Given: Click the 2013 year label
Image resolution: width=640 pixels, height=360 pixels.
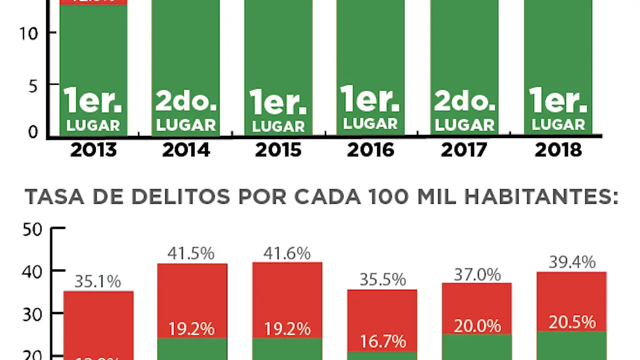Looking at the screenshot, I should pyautogui.click(x=93, y=150).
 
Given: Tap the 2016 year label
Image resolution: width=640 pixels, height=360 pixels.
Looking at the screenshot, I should pyautogui.click(x=371, y=150).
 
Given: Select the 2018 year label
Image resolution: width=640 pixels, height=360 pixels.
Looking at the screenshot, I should pyautogui.click(x=557, y=150).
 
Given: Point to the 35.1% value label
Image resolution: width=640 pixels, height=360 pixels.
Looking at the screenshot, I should pyautogui.click(x=98, y=281).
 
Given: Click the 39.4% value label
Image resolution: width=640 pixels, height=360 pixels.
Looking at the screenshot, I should pyautogui.click(x=572, y=262).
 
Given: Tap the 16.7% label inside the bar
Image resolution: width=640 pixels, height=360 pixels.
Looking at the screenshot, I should pyautogui.click(x=382, y=340).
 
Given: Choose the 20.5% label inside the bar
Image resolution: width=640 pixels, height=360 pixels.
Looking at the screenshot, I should pyautogui.click(x=572, y=322).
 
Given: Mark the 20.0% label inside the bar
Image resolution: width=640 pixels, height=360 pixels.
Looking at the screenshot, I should pyautogui.click(x=477, y=325).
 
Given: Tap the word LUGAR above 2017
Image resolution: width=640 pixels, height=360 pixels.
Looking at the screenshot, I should pyautogui.click(x=464, y=125).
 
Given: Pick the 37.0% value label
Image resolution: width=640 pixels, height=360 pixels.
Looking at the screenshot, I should pyautogui.click(x=477, y=275).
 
